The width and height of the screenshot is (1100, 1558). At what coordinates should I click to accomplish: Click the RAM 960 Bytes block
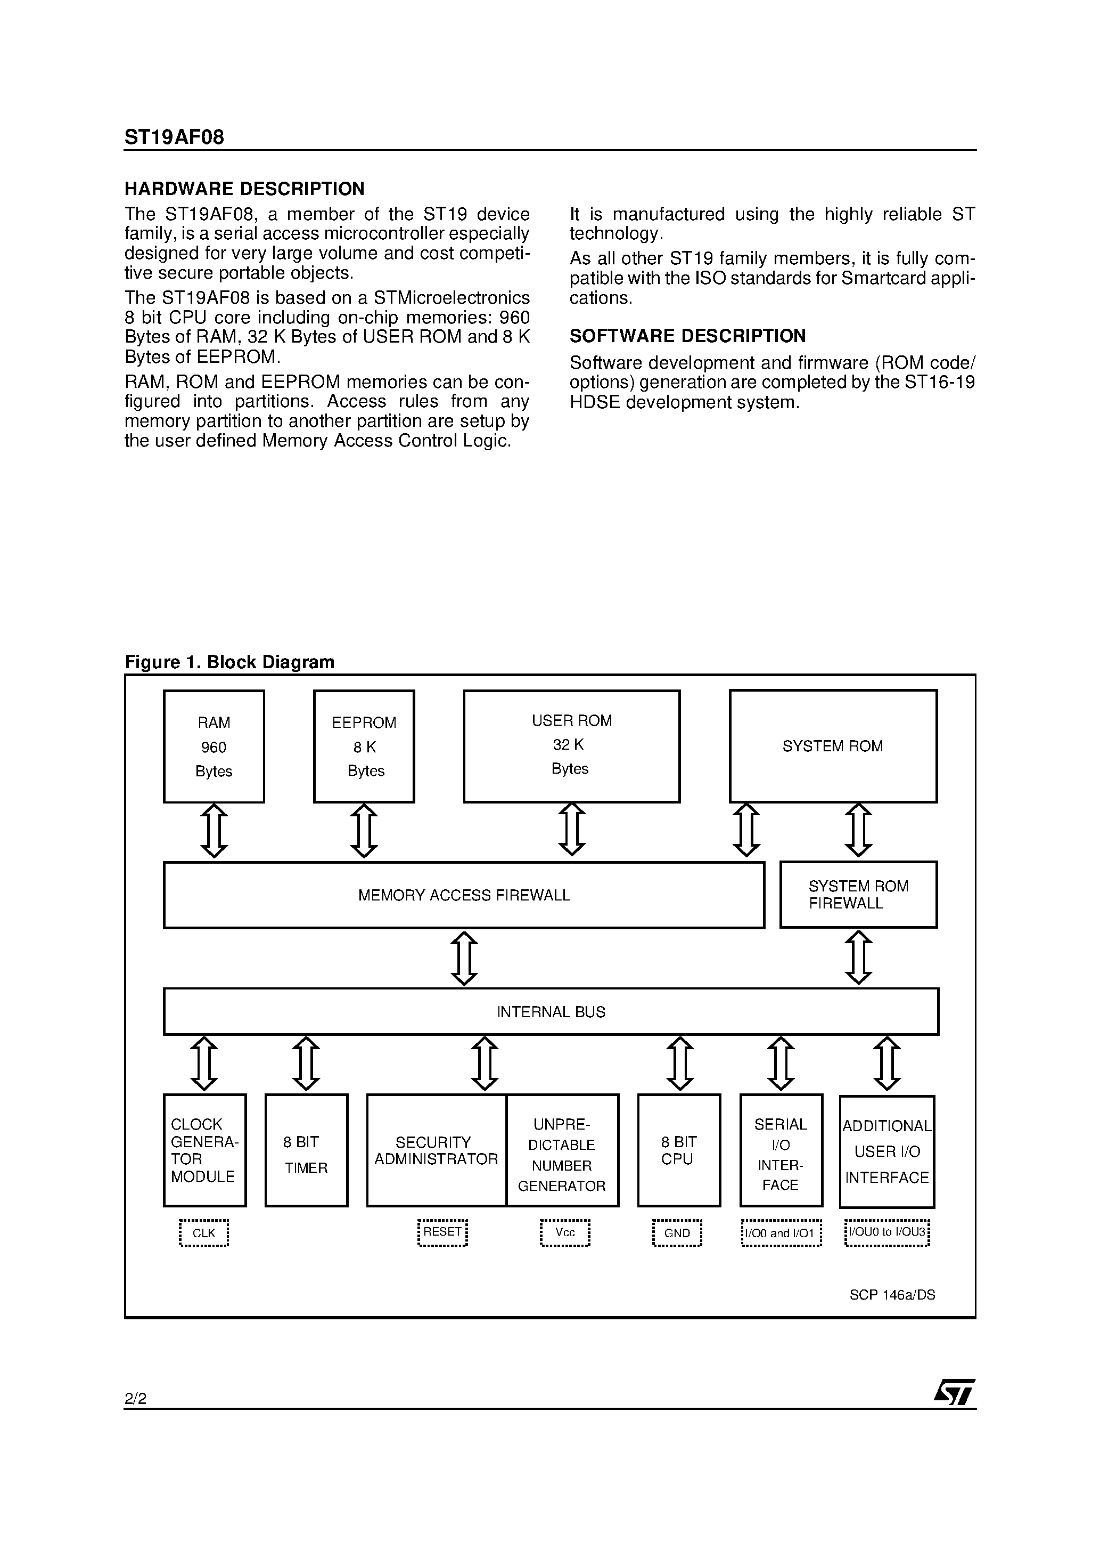tap(214, 746)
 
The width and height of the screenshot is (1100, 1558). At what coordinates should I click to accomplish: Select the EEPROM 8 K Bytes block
tap(364, 746)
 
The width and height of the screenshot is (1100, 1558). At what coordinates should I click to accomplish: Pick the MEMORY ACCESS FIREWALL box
tap(464, 895)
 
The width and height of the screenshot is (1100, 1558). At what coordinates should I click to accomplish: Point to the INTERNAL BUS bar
tap(551, 1012)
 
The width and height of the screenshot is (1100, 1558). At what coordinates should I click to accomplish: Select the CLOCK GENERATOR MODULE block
tap(204, 1150)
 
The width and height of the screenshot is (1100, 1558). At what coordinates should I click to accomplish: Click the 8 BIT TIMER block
tap(306, 1150)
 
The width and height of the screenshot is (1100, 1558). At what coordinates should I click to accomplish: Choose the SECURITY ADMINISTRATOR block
tap(436, 1150)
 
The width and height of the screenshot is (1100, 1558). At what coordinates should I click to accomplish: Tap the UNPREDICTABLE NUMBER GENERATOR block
tap(562, 1150)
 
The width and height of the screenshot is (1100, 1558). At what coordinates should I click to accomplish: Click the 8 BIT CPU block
tap(679, 1150)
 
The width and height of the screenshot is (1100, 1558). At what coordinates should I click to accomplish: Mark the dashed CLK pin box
tap(204, 1233)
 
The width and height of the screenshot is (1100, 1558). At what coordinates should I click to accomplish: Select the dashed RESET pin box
tap(442, 1232)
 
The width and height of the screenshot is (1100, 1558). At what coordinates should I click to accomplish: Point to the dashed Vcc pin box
tap(565, 1233)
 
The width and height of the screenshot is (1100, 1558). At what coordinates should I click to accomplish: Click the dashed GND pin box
tap(677, 1233)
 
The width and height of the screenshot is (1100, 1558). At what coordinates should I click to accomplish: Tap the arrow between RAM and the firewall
tap(214, 831)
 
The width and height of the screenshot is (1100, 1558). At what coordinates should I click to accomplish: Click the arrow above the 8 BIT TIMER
tap(306, 1064)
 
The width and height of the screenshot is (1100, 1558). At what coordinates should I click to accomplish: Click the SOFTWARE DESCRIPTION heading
tap(687, 336)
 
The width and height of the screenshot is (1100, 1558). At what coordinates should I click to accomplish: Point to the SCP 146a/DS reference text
tap(892, 1295)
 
